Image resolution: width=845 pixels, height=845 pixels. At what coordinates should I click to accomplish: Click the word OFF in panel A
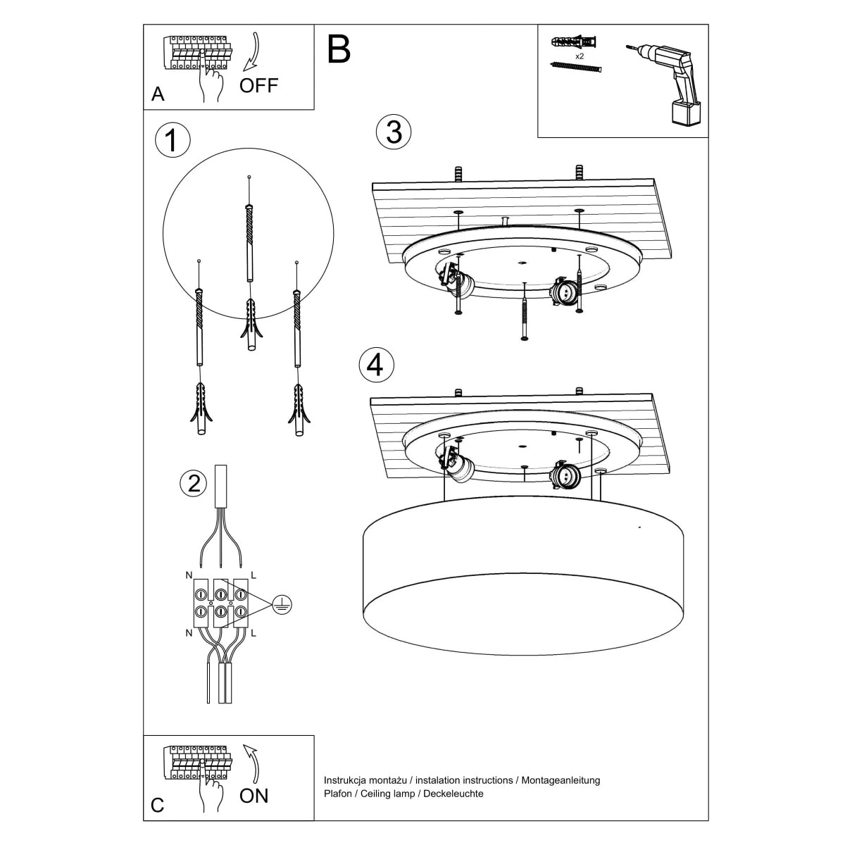258,86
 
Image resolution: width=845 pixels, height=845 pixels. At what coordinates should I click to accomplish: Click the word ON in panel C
254,796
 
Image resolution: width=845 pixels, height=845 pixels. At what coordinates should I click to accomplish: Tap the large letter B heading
339,49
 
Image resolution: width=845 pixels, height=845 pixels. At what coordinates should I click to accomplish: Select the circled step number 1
172,141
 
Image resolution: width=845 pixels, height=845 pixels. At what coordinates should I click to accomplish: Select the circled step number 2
194,483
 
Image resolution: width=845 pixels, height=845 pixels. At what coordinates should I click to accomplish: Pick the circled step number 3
394,132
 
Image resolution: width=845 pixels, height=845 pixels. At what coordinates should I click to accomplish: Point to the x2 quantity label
580,55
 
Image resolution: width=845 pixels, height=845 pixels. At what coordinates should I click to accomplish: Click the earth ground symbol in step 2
282,603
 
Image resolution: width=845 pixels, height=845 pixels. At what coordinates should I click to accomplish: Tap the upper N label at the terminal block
189,575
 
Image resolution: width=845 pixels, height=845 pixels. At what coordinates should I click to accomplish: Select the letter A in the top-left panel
158,94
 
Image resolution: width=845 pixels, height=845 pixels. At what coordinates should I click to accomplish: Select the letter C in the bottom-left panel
158,805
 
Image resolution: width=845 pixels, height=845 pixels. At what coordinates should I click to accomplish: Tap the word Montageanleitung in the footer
561,780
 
